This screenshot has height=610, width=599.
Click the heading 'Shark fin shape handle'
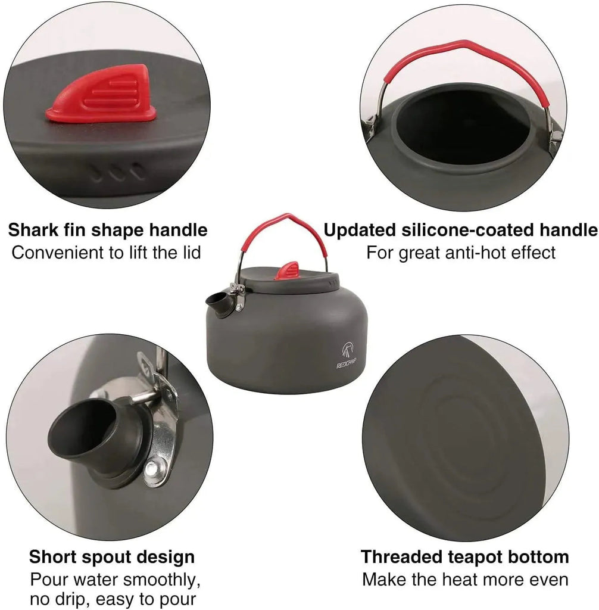pyautogui.click(x=107, y=230)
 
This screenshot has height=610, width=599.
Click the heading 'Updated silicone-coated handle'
pyautogui.click(x=460, y=230)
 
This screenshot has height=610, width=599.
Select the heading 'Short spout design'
pyautogui.click(x=112, y=557)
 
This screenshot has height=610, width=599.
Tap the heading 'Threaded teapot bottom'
pyautogui.click(x=464, y=557)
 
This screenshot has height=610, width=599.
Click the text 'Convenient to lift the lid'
pyautogui.click(x=107, y=252)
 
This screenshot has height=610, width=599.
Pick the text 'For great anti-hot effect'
pyautogui.click(x=460, y=252)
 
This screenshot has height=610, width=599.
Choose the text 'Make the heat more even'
pyautogui.click(x=464, y=579)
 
